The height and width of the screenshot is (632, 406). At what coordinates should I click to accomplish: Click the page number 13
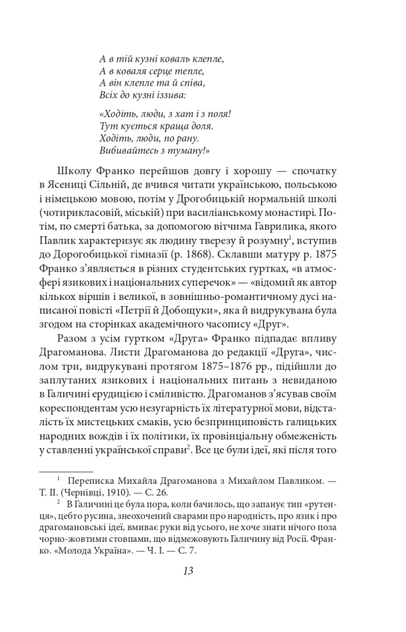(188, 571)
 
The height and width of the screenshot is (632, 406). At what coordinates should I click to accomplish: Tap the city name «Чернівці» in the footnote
(99, 493)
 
